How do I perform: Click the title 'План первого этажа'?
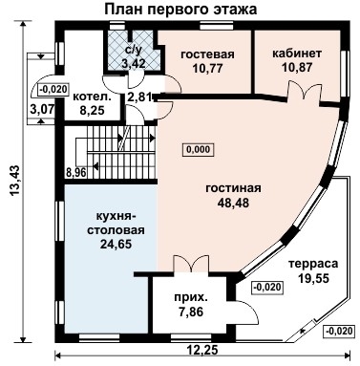pyautogui.click(x=180, y=10)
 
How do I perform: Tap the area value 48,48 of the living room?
pyautogui.click(x=233, y=203)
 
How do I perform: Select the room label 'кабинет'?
pyautogui.click(x=297, y=54)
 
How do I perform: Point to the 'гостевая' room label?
pyautogui.click(x=207, y=54)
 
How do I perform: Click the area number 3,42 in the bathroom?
pyautogui.click(x=134, y=63)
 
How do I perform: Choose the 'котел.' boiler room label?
pyautogui.click(x=93, y=97)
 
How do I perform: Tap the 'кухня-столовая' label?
pyautogui.click(x=116, y=224)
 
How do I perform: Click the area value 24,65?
pyautogui.click(x=116, y=245)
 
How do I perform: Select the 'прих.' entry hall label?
pyautogui.click(x=191, y=298)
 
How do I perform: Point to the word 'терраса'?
pyautogui.click(x=313, y=264)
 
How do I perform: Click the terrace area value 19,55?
pyautogui.click(x=313, y=278)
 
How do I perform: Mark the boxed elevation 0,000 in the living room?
pyautogui.click(x=198, y=149)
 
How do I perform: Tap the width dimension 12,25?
pyautogui.click(x=202, y=350)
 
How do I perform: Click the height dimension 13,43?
pyautogui.click(x=15, y=180)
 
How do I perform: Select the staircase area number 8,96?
pyautogui.click(x=76, y=173)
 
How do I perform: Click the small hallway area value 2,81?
pyautogui.click(x=138, y=97)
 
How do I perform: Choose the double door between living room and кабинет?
pyautogui.click(x=305, y=90)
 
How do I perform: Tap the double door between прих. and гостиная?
pyautogui.click(x=191, y=263)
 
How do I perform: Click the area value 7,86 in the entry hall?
pyautogui.click(x=191, y=312)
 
